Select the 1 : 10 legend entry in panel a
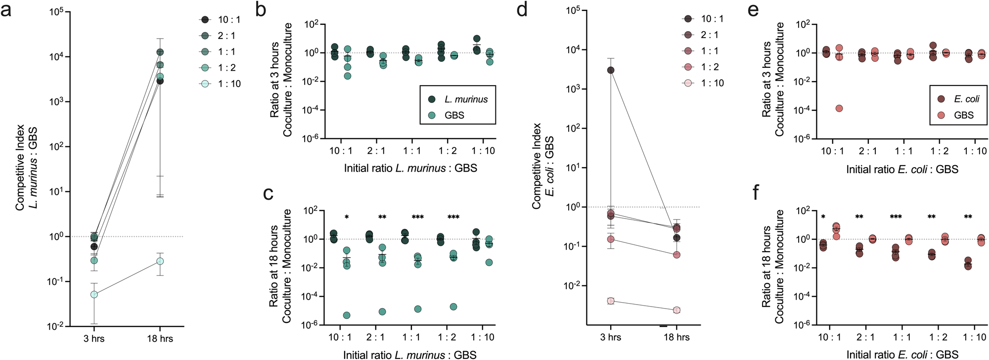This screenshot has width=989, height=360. (221, 84)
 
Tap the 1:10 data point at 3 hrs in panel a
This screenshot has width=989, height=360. (93, 294)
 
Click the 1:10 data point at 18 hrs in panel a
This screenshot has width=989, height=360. (160, 261)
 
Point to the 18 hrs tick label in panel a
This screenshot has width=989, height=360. (160, 339)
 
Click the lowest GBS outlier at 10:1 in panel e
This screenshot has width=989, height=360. (839, 108)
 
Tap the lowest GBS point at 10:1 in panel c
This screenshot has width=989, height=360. (347, 315)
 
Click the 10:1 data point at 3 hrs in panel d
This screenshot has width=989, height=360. (611, 70)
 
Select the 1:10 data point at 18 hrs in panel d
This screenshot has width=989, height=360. (676, 310)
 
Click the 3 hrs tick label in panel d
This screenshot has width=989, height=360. (611, 337)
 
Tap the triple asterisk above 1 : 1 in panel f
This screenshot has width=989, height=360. (896, 217)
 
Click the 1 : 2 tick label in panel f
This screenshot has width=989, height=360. (938, 337)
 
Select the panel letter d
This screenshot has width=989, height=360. (522, 10)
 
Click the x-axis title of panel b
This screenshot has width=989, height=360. (410, 168)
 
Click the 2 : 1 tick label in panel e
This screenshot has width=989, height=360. (868, 151)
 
